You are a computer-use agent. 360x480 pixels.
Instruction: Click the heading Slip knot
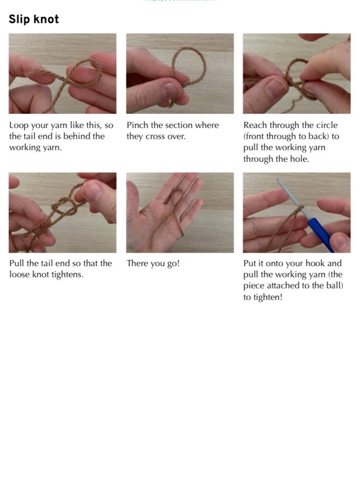[34, 19]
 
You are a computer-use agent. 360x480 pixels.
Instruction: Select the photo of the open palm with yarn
[179, 212]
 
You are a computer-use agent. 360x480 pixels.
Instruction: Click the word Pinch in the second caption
[137, 125]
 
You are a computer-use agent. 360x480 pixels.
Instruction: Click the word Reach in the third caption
[256, 125]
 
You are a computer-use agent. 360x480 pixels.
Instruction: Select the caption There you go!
[153, 263]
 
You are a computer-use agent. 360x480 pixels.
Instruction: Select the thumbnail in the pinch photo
[170, 91]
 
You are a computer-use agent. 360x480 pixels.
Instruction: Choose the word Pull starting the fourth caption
[18, 263]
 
